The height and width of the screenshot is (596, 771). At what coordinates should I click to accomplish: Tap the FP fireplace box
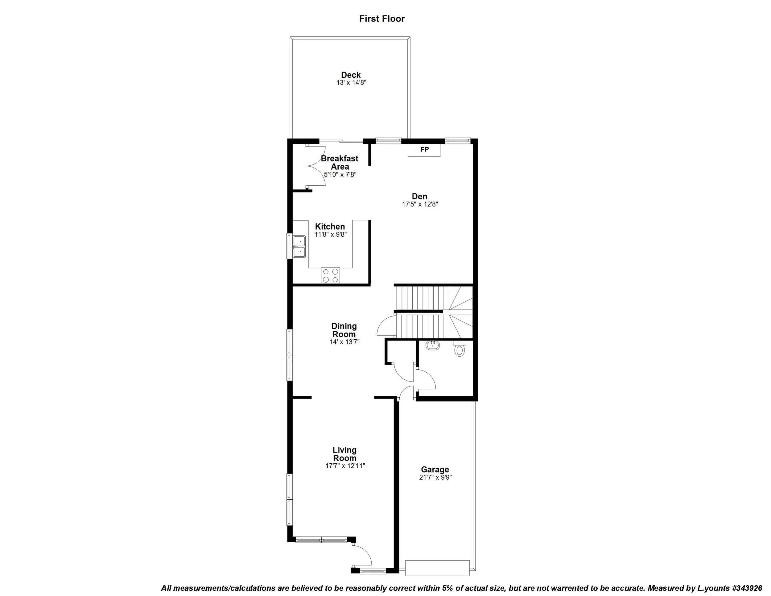coord(424,150)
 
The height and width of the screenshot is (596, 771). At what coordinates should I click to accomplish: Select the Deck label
coord(351,75)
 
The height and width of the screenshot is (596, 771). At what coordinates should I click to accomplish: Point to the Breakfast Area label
coord(340,162)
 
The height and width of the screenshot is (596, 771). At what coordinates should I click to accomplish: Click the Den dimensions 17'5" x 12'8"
coord(420,204)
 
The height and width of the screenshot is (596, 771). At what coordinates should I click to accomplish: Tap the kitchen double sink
coord(299,246)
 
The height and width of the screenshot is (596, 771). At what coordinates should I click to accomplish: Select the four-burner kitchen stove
coord(83,276)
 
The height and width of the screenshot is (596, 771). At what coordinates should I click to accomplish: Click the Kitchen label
coord(330,226)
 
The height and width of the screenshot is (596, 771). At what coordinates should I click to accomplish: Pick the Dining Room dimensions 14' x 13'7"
coord(344,342)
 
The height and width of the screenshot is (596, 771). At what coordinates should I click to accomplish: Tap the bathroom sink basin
coord(432,345)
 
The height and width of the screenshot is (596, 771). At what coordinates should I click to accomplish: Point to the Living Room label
coord(344,454)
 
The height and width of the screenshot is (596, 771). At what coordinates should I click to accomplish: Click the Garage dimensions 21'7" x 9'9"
coord(435,477)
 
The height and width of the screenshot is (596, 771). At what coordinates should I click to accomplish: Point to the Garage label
coord(435,470)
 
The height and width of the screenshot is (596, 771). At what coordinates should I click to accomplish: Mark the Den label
coord(419,196)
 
